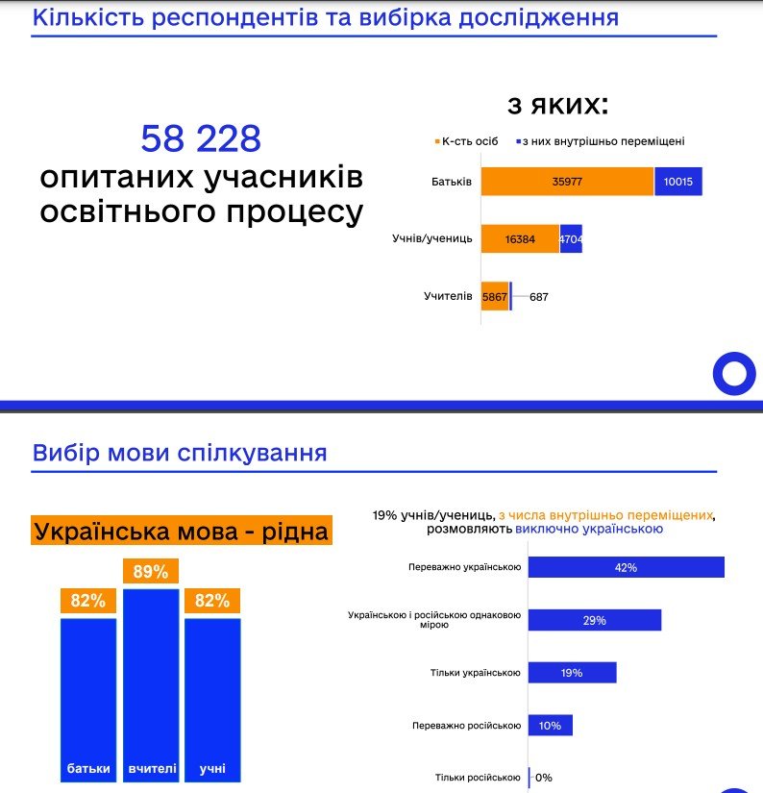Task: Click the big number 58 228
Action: tap(201, 139)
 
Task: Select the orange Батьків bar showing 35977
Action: tap(567, 182)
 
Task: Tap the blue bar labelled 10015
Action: tap(678, 182)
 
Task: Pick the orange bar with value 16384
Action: tap(520, 238)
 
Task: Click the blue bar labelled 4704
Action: tap(571, 238)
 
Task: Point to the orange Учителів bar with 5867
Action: tap(495, 296)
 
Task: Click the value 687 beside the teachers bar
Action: tap(538, 297)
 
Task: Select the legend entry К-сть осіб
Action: tap(467, 141)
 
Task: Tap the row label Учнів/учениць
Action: tap(432, 238)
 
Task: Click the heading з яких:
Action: tap(558, 105)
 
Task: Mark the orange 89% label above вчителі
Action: tap(151, 572)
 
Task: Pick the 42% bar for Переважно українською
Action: tap(627, 568)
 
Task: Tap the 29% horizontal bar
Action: tap(595, 621)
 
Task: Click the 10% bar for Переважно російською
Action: tap(551, 726)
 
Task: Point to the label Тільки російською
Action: tap(477, 778)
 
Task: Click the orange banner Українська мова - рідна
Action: tap(181, 532)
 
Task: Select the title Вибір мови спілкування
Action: tap(180, 453)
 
